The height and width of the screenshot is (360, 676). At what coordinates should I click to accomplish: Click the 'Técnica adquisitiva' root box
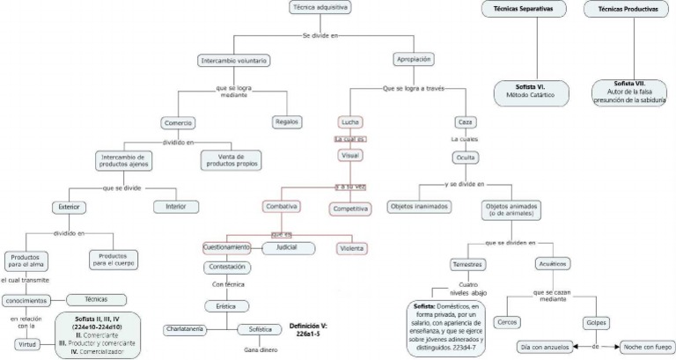(x=320, y=8)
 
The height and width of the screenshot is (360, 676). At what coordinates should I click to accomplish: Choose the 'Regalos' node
(x=287, y=121)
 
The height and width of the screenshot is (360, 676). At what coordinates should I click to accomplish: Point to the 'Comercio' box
(x=177, y=122)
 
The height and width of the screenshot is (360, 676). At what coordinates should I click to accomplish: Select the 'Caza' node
(x=465, y=121)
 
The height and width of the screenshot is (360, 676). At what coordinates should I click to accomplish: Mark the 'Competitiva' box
(x=350, y=209)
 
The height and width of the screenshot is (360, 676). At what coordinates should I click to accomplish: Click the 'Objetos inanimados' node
(x=418, y=206)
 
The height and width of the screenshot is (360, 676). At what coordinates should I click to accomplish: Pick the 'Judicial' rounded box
(x=288, y=248)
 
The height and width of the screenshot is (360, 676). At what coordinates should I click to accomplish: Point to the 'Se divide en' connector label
(x=320, y=35)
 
